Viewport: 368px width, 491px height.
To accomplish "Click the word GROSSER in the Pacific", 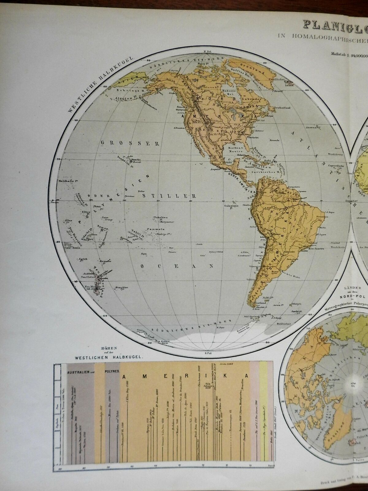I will (130, 143).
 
